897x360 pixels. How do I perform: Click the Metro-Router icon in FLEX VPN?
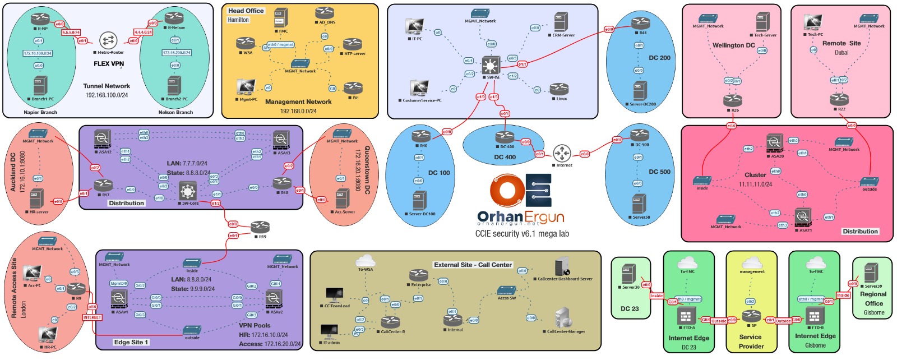pyautogui.click(x=108, y=40)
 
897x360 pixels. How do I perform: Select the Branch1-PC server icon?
pyautogui.click(x=39, y=86)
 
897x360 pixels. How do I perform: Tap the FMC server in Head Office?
pyautogui.click(x=281, y=19)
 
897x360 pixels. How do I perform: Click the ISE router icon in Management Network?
pyautogui.click(x=353, y=88)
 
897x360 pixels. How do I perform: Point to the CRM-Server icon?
pyautogui.click(x=561, y=22)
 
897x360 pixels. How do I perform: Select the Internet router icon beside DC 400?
pyautogui.click(x=562, y=153)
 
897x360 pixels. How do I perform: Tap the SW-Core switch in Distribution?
pyautogui.click(x=188, y=191)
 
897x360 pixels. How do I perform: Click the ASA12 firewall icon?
pyautogui.click(x=103, y=139)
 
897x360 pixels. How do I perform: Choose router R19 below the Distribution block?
pyautogui.click(x=260, y=227)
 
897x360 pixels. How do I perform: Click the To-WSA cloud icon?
pyautogui.click(x=366, y=260)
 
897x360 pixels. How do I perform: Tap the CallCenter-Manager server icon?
pyautogui.click(x=563, y=319)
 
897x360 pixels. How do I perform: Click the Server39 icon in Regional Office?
pyautogui.click(x=870, y=273)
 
